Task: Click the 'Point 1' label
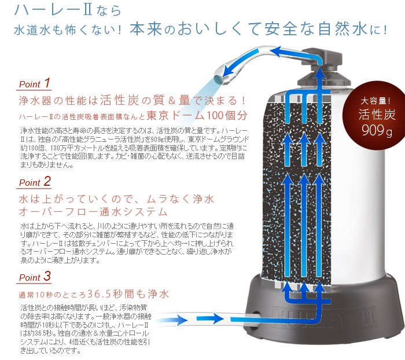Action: coord(35,83)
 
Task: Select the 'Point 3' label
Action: coord(35,277)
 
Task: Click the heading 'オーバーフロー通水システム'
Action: coord(93,211)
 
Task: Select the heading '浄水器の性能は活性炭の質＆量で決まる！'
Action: coord(133,100)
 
